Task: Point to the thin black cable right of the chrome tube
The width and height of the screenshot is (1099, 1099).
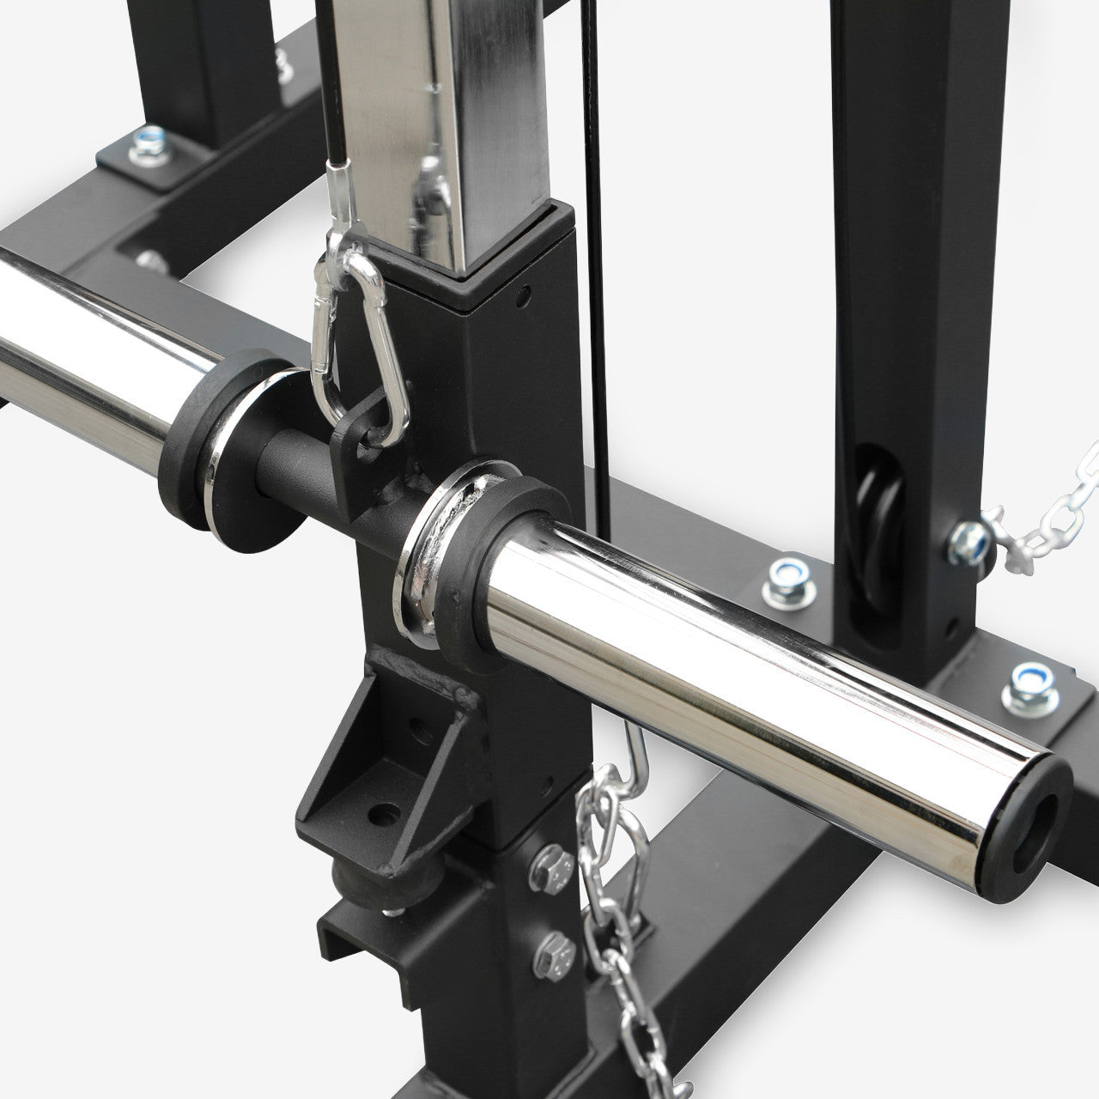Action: coord(600,258)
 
